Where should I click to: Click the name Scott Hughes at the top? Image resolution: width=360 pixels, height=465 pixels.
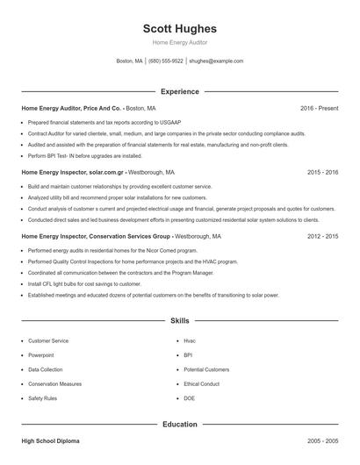(x=179, y=29)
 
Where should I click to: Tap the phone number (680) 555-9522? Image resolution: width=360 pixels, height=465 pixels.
(x=166, y=61)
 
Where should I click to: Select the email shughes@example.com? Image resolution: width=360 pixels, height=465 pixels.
(x=216, y=61)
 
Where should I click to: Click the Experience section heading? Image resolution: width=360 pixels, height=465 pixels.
(x=179, y=91)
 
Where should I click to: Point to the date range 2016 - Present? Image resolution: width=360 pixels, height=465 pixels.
(x=319, y=108)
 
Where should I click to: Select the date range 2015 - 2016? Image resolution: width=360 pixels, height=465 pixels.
(x=322, y=173)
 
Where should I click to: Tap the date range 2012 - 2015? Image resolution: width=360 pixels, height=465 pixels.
(x=322, y=237)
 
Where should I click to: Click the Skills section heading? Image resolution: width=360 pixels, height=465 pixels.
(x=179, y=321)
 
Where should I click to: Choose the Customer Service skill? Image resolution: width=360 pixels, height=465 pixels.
(x=48, y=340)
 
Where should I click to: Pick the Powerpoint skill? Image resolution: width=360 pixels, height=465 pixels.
(x=41, y=355)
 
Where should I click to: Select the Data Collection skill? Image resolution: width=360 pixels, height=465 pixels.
(x=46, y=369)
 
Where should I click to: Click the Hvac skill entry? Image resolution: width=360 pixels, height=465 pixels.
(x=190, y=340)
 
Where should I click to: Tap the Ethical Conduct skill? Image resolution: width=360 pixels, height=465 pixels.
(x=202, y=384)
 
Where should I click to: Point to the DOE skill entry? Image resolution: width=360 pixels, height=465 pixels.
(x=190, y=398)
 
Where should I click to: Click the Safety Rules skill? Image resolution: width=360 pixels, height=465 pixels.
(x=42, y=398)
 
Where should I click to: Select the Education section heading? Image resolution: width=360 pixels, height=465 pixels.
(x=179, y=425)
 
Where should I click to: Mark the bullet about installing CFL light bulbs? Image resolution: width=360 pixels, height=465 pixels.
(x=84, y=284)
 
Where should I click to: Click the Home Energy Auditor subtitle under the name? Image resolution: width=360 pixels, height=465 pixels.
(x=179, y=43)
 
